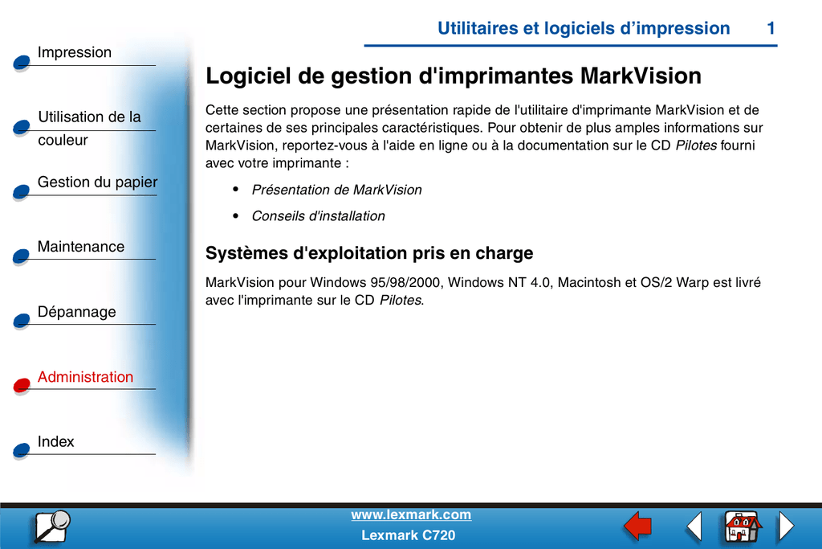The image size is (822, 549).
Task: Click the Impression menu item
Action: coord(75,52)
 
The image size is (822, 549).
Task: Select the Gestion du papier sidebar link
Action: coord(97,182)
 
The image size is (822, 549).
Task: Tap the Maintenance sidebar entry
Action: coord(81,247)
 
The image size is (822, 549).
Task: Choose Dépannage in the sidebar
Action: coord(76,312)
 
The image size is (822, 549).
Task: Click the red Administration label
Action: coord(85,377)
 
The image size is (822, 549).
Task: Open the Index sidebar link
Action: coord(55,442)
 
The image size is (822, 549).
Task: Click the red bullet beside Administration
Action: coord(22,385)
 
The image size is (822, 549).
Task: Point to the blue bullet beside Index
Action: coord(22,450)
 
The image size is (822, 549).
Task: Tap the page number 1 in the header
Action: coord(771,28)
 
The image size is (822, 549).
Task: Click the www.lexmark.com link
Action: coord(411,515)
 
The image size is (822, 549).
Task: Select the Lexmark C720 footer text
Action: coord(409,535)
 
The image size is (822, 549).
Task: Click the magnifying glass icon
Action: coord(52,526)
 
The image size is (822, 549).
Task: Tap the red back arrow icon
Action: coord(637,526)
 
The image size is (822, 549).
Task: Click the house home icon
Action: coord(743,526)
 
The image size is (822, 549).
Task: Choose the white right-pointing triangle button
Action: coord(787,526)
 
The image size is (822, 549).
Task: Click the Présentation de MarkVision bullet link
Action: coord(336,190)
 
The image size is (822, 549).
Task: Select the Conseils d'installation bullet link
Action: coord(318,216)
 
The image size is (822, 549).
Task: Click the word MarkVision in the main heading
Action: coord(641,76)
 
